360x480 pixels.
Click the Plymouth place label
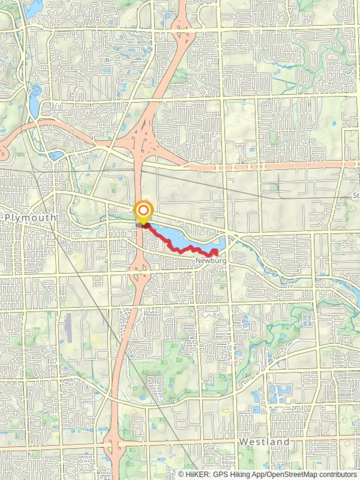[x=31, y=218]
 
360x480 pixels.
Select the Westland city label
[x=264, y=442]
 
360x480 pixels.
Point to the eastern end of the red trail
[x=216, y=252]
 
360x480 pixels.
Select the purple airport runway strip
[x=68, y=328]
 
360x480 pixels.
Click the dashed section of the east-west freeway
[x=267, y=166]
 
